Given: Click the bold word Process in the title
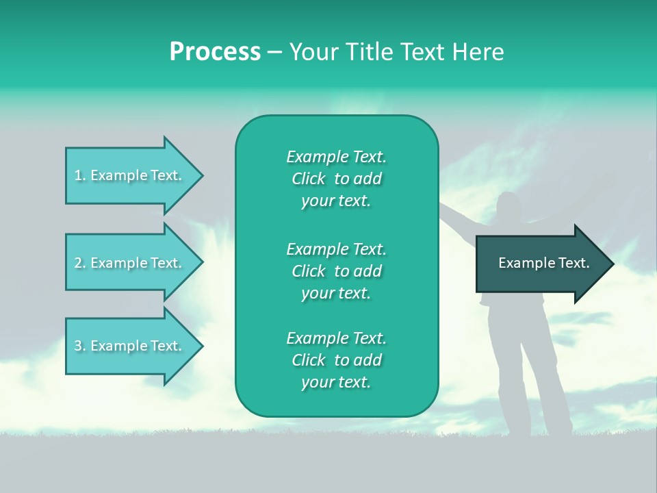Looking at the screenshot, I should (x=215, y=52).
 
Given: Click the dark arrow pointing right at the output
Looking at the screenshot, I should (x=541, y=263).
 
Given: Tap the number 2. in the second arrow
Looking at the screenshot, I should (x=80, y=263).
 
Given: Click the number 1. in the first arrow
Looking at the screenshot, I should (x=80, y=175).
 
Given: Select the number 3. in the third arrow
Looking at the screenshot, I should (x=80, y=346).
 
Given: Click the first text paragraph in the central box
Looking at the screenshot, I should (x=336, y=179).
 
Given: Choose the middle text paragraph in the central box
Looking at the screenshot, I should (x=336, y=271).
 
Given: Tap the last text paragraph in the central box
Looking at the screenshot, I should (x=336, y=360).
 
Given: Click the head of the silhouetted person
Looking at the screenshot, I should (x=509, y=206).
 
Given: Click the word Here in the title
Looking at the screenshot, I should (x=478, y=52).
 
